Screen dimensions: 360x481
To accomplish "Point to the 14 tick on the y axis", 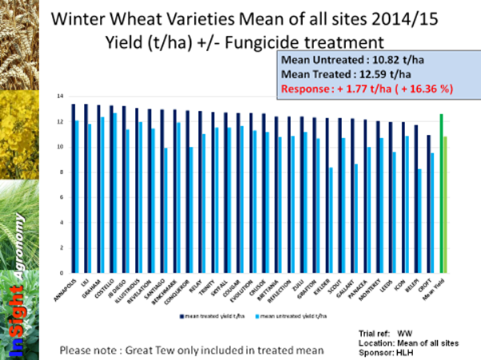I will pos(60,96).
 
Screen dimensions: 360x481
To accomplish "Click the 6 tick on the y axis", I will pos(61,196).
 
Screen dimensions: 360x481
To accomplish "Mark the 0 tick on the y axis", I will pos(61,272).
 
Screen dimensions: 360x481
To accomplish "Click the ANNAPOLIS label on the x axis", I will pos(67,287).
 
